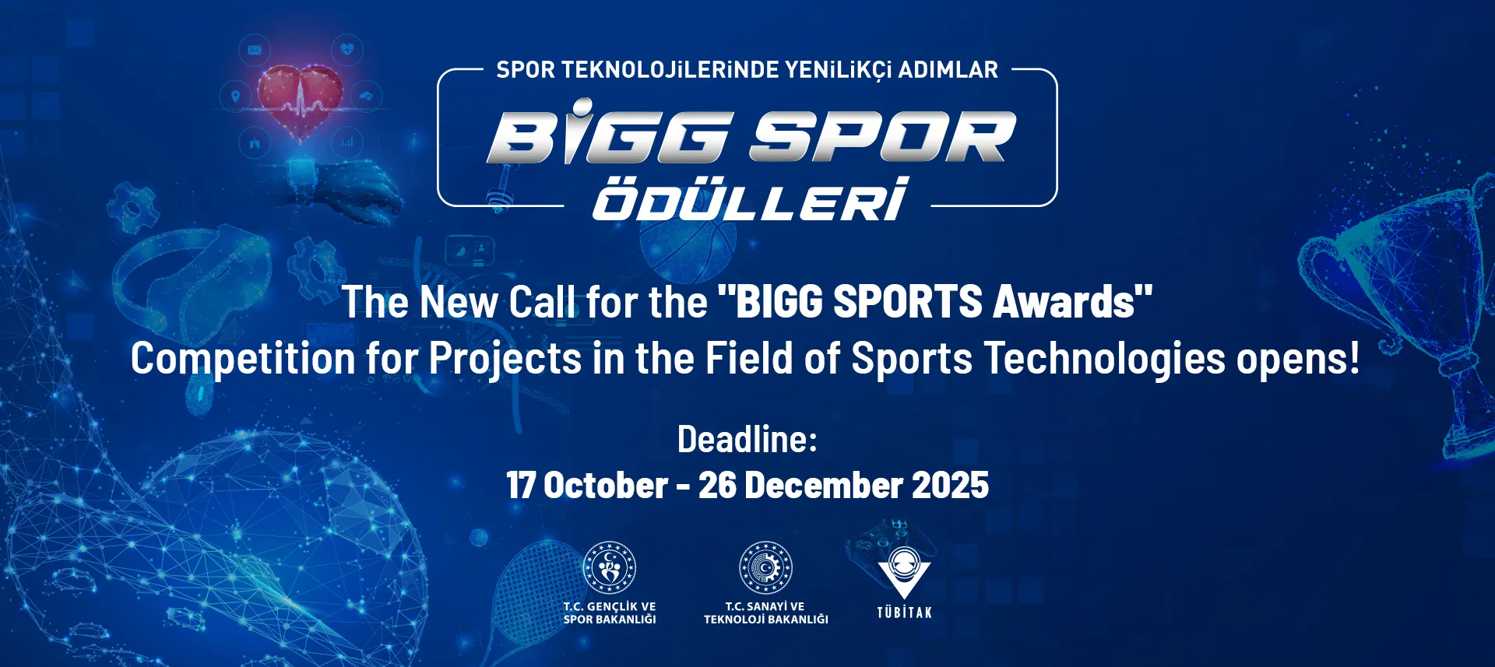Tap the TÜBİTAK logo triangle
904,573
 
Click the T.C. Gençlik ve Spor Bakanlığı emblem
610,567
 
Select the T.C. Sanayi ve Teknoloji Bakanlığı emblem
765,567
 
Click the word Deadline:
747,440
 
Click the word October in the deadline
606,486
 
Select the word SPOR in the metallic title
883,137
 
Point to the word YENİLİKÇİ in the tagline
838,70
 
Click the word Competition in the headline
243,360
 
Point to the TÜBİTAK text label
904,613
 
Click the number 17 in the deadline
520,486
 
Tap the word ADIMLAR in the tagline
948,70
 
